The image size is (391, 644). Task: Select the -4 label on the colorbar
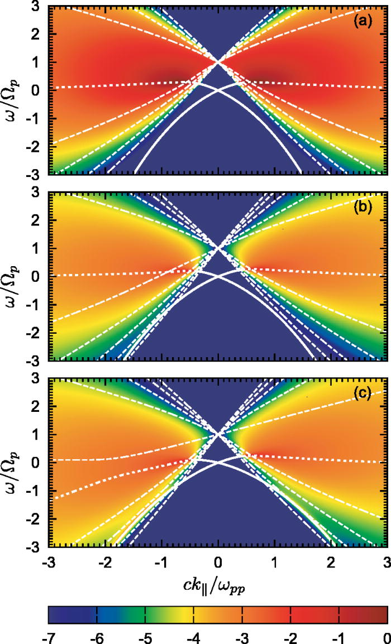tap(193, 635)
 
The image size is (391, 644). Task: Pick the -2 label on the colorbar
tap(290, 635)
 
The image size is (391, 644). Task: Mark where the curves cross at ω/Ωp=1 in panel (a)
tap(219, 61)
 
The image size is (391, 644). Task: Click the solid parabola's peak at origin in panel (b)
tap(219, 276)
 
